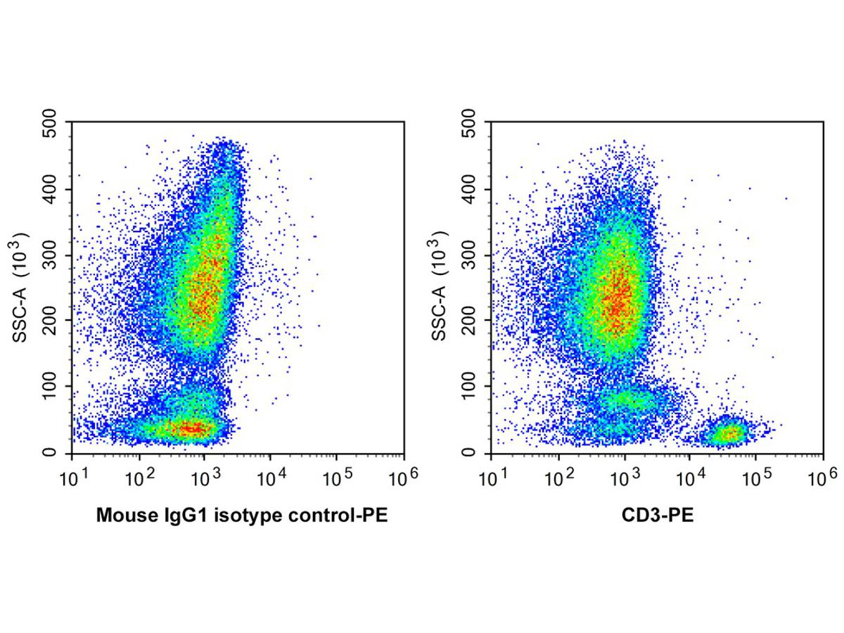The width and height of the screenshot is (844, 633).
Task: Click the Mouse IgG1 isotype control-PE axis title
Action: (242, 517)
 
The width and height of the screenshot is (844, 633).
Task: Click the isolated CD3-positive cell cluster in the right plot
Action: (727, 433)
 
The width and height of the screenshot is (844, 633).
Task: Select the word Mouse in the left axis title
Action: (121, 517)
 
